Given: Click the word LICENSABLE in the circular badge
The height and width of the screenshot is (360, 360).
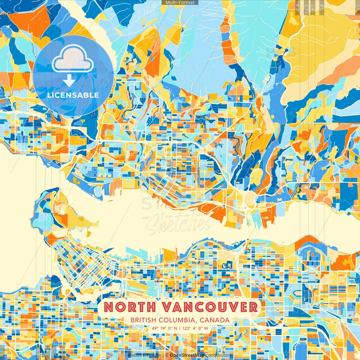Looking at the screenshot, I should point(73,95).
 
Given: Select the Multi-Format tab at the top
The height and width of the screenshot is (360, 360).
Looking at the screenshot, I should point(180,3).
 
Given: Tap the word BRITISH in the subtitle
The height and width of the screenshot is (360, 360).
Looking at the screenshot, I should point(143,320).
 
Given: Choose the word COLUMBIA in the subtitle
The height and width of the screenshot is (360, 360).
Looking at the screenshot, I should point(177,320).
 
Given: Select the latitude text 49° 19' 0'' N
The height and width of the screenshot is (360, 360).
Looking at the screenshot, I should point(165,328).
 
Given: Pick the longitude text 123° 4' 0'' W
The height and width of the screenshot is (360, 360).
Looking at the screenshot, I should point(195,328).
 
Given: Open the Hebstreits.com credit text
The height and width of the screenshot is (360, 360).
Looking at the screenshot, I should point(145,355).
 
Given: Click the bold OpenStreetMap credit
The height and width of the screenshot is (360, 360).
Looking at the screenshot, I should point(187,355).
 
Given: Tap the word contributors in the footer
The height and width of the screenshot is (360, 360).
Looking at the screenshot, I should point(219,355).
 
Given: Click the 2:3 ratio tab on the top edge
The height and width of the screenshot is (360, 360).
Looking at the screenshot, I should point(297,7).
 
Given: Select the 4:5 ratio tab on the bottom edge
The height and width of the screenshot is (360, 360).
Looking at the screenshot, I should point(38,353).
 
